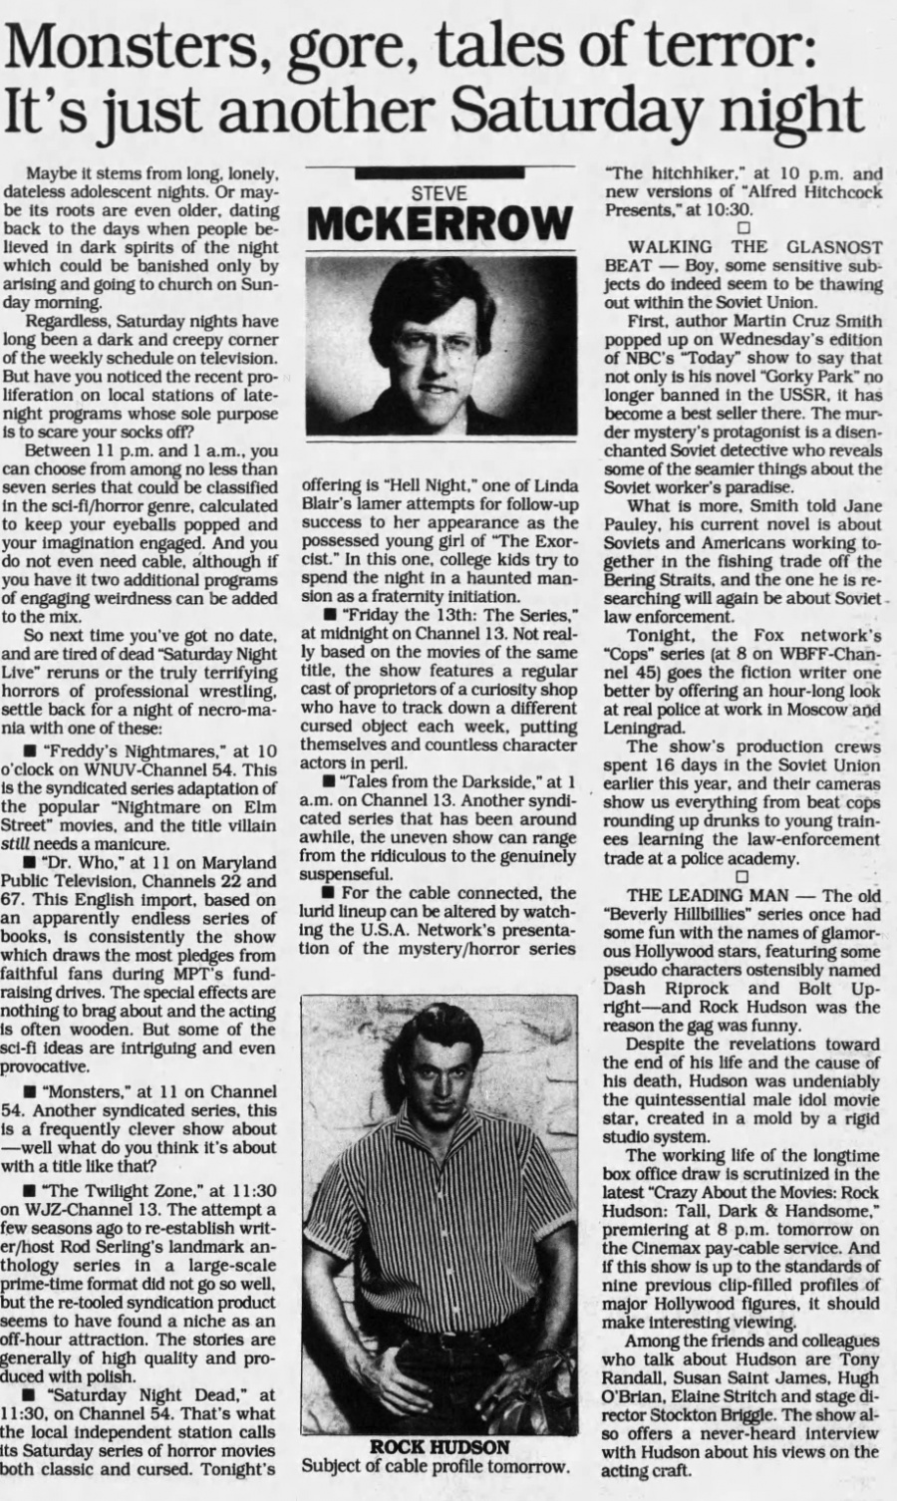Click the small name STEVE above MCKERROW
439,194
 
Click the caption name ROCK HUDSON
440,1446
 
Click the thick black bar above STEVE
439,172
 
